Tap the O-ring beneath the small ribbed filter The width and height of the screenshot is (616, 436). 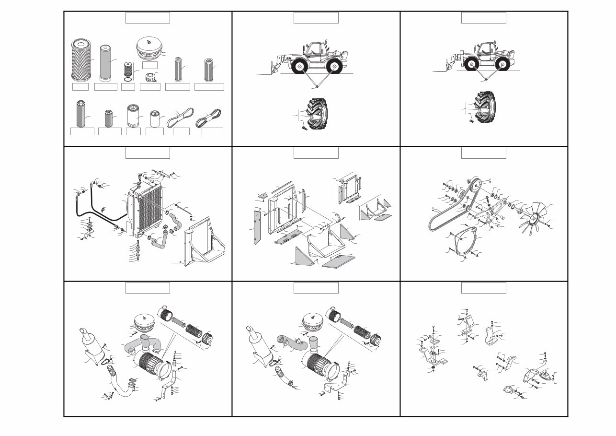tap(127, 79)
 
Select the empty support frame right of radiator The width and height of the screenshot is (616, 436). tap(204, 240)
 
